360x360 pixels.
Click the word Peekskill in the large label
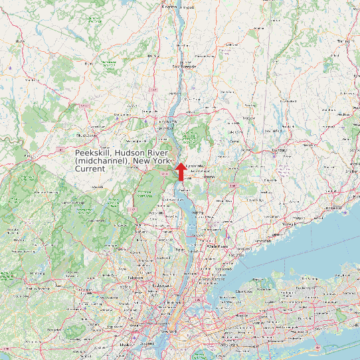94,153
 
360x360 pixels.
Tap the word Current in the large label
90,169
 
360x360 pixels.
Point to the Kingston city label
170,7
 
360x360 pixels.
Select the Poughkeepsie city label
185,66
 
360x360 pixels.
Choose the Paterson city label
135,278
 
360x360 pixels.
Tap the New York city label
171,330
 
